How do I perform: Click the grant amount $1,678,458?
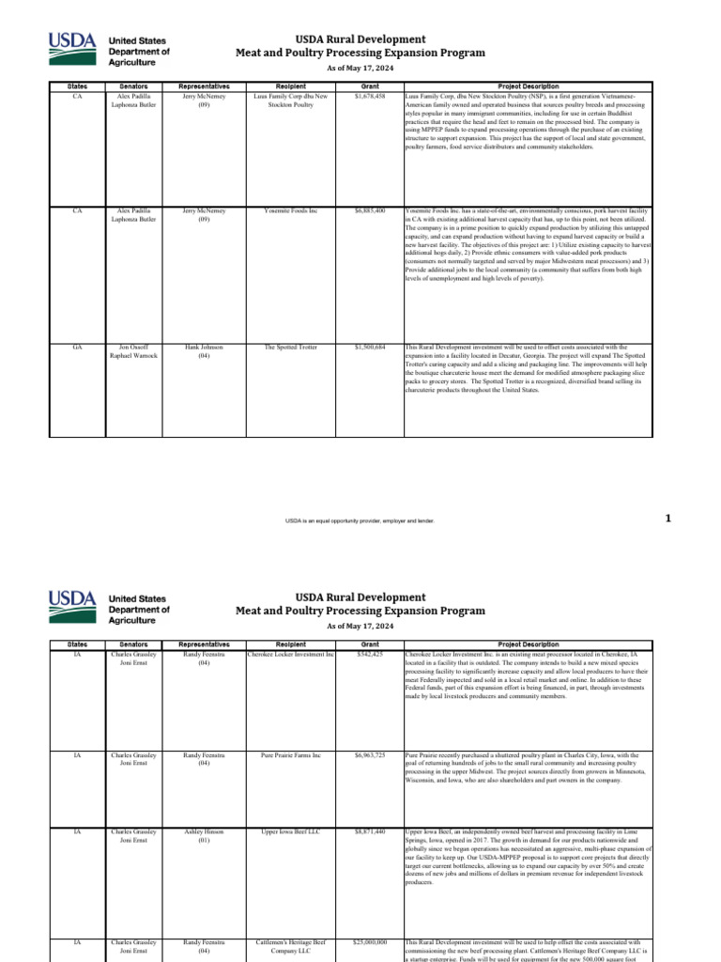click(370, 96)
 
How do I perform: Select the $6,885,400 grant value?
click(370, 210)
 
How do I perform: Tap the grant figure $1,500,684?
click(370, 347)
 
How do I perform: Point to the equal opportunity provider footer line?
click(360, 520)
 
